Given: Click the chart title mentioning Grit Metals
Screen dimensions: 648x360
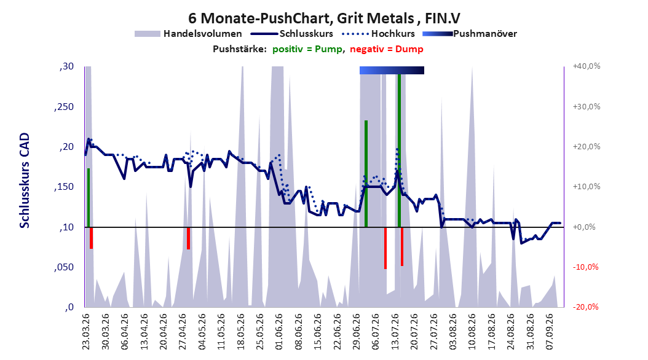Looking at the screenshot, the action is coord(324,18).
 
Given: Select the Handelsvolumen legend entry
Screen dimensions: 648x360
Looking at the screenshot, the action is coord(188,34).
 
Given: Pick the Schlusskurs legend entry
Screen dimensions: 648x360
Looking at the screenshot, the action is coord(292,34).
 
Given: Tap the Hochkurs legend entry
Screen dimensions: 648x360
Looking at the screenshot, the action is coord(379,34).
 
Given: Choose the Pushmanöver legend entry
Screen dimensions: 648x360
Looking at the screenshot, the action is coord(470,34).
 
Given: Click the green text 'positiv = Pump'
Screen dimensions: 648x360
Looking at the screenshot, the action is coord(307,49).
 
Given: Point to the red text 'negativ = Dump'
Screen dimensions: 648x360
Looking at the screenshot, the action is coord(387,49).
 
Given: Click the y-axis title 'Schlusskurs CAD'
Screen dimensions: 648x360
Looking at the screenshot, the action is coord(25,180).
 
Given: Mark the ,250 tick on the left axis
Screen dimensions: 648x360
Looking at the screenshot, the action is coord(64,107).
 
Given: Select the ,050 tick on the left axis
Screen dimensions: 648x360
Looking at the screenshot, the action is coord(64,267).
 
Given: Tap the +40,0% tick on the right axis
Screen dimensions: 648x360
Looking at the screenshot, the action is coord(587,66).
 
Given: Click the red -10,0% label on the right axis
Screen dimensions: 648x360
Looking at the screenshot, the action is coord(585,267).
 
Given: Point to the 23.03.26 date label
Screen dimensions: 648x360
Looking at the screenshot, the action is coord(86,332).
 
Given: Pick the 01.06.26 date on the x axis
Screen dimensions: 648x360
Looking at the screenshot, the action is coord(279,332).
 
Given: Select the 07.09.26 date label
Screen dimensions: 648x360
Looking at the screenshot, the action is coord(549,332).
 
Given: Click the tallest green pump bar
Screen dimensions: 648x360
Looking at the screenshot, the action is coord(399,151).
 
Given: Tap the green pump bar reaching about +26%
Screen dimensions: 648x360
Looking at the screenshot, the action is coord(366,174).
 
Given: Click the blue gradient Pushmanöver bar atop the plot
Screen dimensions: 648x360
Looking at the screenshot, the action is coord(392,70).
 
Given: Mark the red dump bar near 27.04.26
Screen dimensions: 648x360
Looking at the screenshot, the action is coord(189,238).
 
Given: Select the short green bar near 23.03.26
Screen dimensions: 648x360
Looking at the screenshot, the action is coord(89,198).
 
